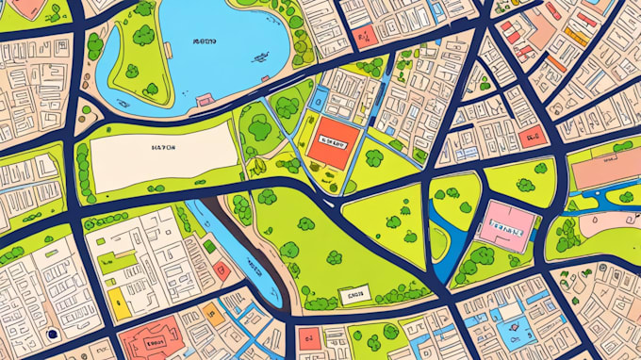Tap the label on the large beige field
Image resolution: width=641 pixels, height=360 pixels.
(163, 148)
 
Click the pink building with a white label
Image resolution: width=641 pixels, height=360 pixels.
(506, 225)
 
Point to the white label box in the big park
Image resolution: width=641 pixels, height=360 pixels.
(355, 296)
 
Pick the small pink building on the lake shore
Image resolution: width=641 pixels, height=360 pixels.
(204, 99)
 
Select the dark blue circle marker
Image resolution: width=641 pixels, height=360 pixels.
(52, 334)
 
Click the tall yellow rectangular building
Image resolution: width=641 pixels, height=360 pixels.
(116, 302)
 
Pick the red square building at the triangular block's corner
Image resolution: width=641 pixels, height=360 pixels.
(533, 135)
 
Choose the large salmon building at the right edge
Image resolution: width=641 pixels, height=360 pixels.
(605, 173)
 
